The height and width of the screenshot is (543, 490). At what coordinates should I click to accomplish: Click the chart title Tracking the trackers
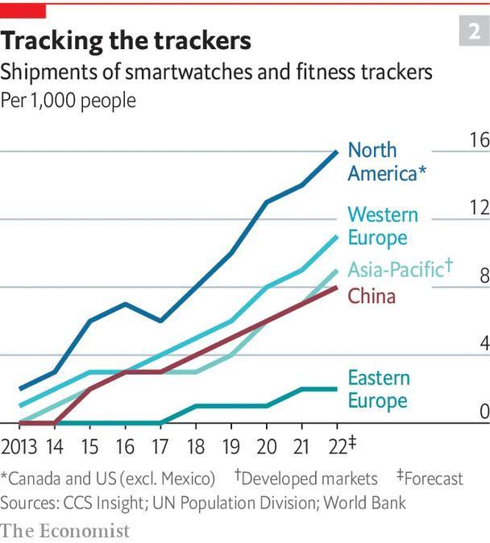pyautogui.click(x=127, y=40)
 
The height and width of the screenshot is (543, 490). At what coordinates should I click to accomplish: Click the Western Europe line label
pyautogui.click(x=383, y=226)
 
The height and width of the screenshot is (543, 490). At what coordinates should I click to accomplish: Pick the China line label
pyautogui.click(x=372, y=296)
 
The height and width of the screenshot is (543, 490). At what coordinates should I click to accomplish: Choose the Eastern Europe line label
pyautogui.click(x=379, y=389)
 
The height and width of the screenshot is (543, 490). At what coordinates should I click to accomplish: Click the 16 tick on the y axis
pyautogui.click(x=479, y=140)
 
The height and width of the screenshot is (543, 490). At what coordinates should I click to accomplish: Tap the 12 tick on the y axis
pyautogui.click(x=479, y=208)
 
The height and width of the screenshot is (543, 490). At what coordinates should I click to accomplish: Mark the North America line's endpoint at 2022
pyautogui.click(x=337, y=151)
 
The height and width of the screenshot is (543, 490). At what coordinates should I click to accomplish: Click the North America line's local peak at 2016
pyautogui.click(x=124, y=304)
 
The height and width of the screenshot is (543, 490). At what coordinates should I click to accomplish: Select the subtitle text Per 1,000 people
pyautogui.click(x=69, y=101)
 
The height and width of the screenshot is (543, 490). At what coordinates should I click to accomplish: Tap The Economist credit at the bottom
pyautogui.click(x=65, y=530)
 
